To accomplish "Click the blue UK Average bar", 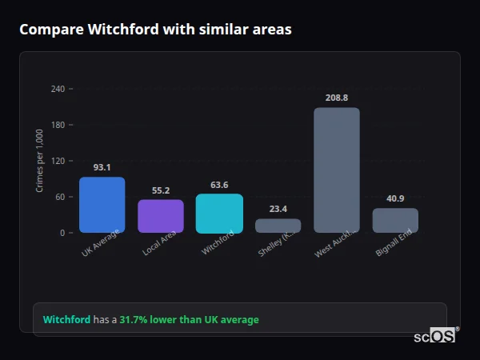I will [x=102, y=205].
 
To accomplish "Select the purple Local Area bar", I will [x=160, y=216].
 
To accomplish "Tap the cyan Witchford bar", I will [x=219, y=214].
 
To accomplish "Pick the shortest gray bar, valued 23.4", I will [x=278, y=226].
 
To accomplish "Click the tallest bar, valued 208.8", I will [x=337, y=170].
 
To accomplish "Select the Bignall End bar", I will [x=395, y=221].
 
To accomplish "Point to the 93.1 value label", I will [x=102, y=168].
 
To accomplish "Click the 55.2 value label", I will [x=160, y=190].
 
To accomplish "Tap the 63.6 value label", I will [x=219, y=185].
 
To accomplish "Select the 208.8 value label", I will [x=337, y=98].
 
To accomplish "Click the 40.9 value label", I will [x=395, y=198].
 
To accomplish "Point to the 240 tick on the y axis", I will [x=58, y=89].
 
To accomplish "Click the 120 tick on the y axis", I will [x=58, y=161].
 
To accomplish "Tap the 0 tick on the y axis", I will [x=62, y=233].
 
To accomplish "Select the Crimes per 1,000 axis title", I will [x=40, y=161].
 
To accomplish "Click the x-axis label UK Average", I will [x=100, y=244].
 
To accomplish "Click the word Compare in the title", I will [x=49, y=30].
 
